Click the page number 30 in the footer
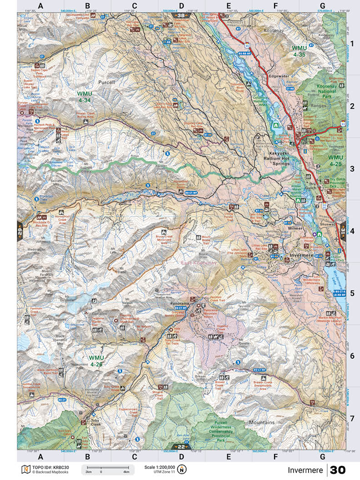(338, 470)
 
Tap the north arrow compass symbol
(182, 470)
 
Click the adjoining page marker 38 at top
(181, 15)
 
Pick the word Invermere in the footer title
(305, 470)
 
